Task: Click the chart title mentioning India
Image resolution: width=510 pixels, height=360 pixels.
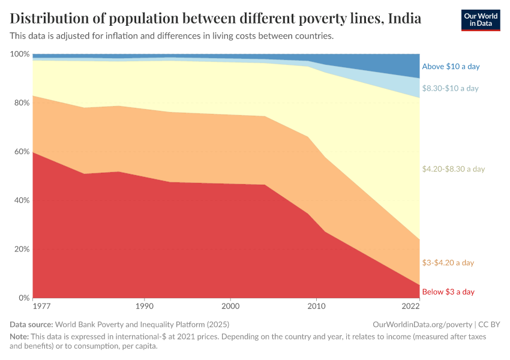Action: (215, 19)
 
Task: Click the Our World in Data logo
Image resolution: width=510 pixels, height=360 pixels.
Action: (481, 20)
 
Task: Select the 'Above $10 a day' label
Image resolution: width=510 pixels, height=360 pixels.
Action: (451, 67)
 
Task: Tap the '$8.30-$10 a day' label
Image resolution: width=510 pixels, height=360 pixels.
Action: (450, 88)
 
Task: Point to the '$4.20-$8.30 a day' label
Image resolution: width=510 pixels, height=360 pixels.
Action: (453, 169)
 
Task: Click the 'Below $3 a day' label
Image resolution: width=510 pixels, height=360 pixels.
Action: (448, 292)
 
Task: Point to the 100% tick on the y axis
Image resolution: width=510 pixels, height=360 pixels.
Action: (20, 54)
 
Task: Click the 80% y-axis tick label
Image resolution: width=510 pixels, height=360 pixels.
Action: (21, 103)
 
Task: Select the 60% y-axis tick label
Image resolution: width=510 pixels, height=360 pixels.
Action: (21, 152)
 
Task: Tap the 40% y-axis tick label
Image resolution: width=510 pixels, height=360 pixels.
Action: (21, 200)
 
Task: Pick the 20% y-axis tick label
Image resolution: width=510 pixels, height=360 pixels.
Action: (21, 249)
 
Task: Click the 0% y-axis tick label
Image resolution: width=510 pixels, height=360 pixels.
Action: (23, 298)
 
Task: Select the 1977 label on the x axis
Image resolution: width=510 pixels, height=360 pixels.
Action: (41, 306)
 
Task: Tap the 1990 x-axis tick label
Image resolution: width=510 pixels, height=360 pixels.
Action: (144, 306)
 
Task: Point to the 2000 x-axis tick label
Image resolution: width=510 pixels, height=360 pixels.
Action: (230, 306)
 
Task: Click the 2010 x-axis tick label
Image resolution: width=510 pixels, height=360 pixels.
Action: (316, 306)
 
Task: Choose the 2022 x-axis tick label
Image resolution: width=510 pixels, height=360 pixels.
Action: (410, 306)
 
